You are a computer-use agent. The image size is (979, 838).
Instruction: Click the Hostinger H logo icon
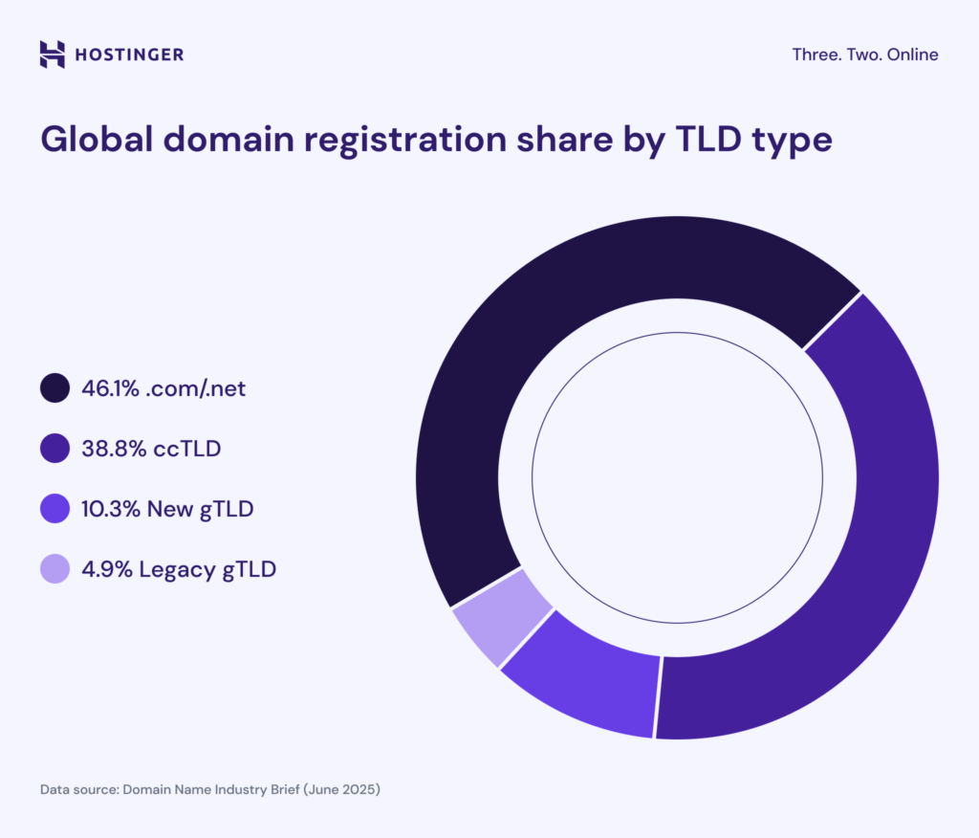coord(53,55)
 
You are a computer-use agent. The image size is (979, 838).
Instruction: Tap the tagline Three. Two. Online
coord(864,55)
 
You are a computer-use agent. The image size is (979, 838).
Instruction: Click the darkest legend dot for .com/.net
coord(54,389)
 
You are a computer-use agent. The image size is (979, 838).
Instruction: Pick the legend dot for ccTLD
coord(54,449)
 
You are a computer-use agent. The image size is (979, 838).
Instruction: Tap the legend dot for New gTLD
coord(54,509)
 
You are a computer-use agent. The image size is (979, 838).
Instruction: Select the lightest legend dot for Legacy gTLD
coord(54,569)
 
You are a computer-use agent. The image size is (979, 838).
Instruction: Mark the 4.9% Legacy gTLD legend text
coord(181,569)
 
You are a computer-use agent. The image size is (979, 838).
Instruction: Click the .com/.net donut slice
coord(535,316)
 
